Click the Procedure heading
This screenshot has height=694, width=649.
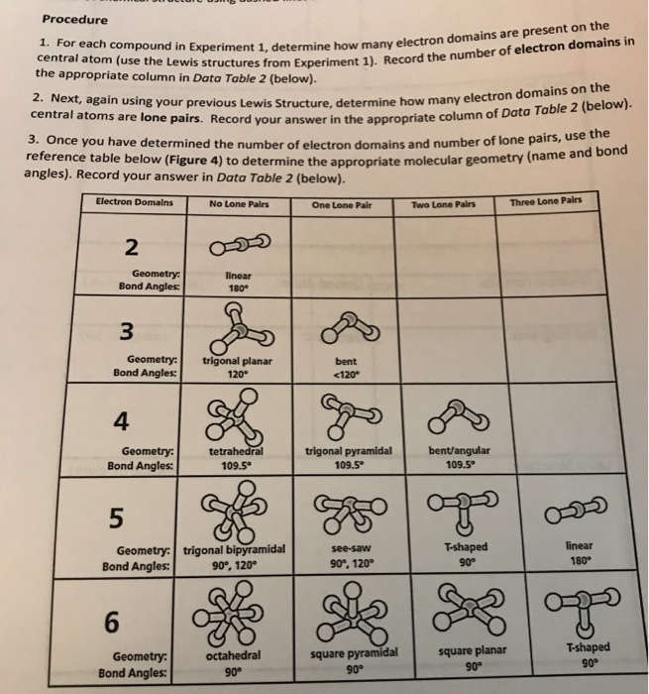click(x=75, y=21)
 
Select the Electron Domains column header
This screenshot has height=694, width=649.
click(x=134, y=203)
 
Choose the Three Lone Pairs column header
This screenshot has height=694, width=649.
click(x=542, y=202)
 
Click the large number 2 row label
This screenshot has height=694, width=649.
click(x=132, y=247)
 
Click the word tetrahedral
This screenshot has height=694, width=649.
click(x=235, y=449)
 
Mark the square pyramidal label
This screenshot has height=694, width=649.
click(x=354, y=651)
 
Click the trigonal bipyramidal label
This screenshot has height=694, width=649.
click(x=234, y=548)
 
